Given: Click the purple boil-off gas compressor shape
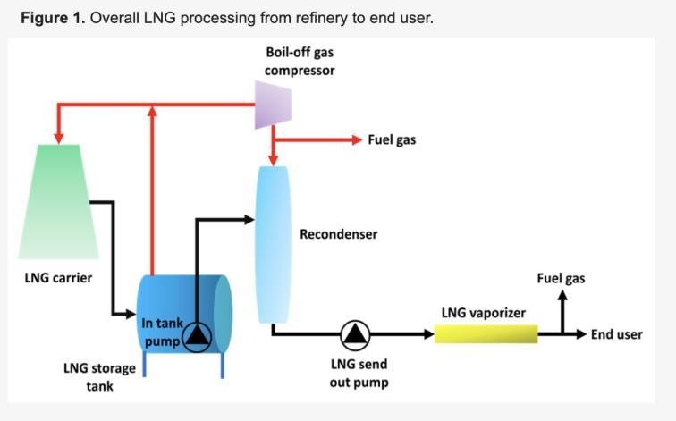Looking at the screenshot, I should [x=273, y=105].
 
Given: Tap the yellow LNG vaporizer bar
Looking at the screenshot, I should [x=486, y=333].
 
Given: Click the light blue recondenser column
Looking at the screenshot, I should [x=273, y=243].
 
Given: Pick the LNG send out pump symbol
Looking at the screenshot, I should [x=355, y=334].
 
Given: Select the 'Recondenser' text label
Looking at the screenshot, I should [x=338, y=234].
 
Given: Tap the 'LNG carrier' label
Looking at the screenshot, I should [x=58, y=277].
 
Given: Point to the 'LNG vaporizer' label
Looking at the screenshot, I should [x=483, y=313].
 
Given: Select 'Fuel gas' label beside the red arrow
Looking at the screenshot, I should [x=392, y=140].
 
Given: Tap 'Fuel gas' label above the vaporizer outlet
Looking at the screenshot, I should [x=561, y=278].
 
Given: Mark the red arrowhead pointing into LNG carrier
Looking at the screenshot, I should [x=59, y=138].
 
